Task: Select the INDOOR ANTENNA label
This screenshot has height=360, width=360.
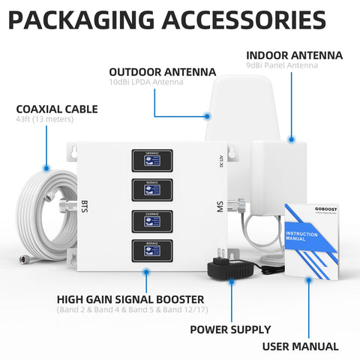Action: (295, 55)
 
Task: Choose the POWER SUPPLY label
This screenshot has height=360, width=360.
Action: (230, 328)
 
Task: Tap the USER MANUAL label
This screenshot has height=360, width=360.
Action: (309, 346)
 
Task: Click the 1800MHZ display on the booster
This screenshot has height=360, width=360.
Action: (152, 159)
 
